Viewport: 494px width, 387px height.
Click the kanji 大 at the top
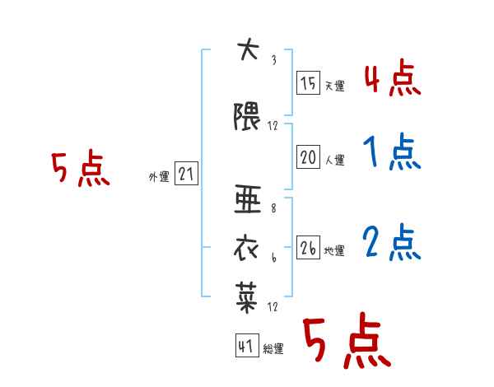(x=249, y=49)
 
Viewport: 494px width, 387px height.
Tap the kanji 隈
(x=247, y=116)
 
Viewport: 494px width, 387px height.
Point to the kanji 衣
(x=246, y=249)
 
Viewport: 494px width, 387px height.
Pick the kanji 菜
(x=247, y=297)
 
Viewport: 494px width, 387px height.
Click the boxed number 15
(x=308, y=82)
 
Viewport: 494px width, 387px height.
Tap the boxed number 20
(x=308, y=156)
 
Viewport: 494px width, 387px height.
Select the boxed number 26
(x=308, y=247)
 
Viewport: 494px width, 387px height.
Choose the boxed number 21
(x=186, y=174)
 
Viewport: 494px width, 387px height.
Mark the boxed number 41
(x=247, y=345)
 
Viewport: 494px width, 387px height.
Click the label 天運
(x=334, y=86)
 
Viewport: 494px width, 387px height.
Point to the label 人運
(x=334, y=160)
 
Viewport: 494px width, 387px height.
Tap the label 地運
(x=334, y=251)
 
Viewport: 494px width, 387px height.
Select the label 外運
(x=159, y=177)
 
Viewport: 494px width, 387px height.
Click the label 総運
(x=273, y=349)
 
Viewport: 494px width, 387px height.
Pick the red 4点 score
(x=393, y=79)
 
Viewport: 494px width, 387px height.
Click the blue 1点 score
(x=393, y=152)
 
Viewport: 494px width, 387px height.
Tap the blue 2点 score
(x=392, y=243)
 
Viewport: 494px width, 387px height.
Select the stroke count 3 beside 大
(x=274, y=60)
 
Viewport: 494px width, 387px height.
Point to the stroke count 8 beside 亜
(x=273, y=208)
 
